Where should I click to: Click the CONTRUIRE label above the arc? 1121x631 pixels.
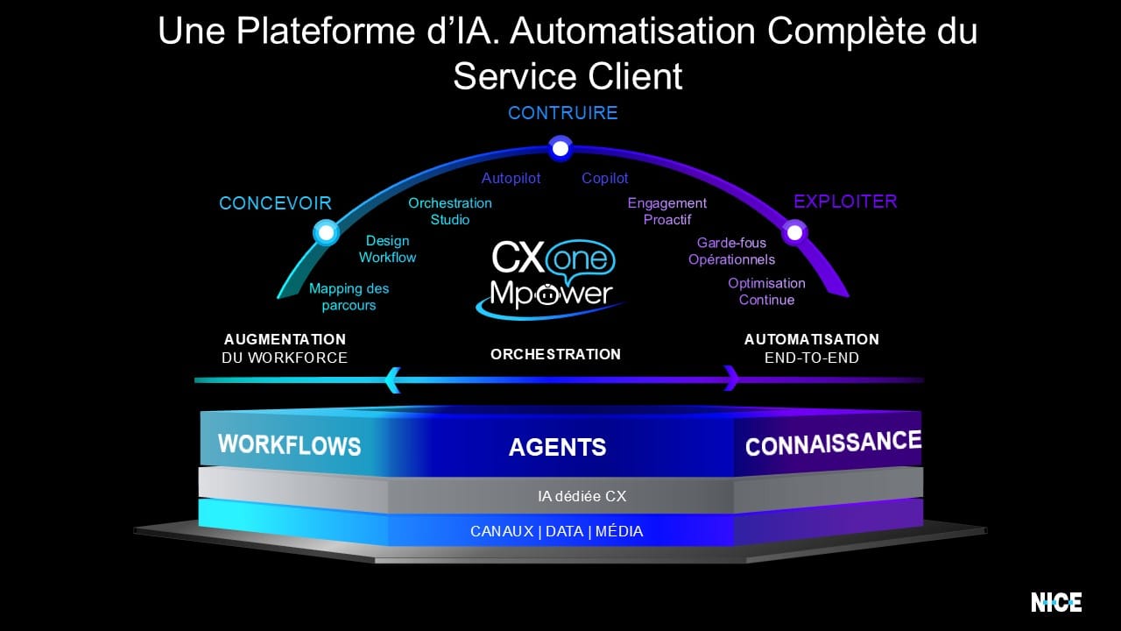click(562, 113)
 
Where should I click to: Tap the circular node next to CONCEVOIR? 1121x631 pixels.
click(326, 232)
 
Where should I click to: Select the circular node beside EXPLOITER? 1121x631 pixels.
click(794, 232)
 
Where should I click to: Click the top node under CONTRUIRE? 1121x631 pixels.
click(560, 149)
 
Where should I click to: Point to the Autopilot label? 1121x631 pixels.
click(511, 178)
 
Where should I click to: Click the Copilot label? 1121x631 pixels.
click(605, 178)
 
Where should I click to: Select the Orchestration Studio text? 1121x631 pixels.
click(450, 211)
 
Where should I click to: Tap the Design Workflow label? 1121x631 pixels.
click(387, 249)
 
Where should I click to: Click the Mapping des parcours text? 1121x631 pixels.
click(349, 296)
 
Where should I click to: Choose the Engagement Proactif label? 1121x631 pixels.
click(666, 211)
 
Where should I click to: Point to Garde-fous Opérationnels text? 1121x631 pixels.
click(731, 251)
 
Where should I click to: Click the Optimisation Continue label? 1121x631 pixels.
click(766, 291)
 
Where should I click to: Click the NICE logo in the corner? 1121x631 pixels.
click(1056, 602)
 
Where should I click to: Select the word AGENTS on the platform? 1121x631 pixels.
click(557, 447)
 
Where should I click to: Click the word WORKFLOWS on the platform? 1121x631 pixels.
click(289, 444)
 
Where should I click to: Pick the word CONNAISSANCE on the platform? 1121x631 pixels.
click(833, 443)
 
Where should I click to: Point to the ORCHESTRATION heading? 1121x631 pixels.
click(555, 354)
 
